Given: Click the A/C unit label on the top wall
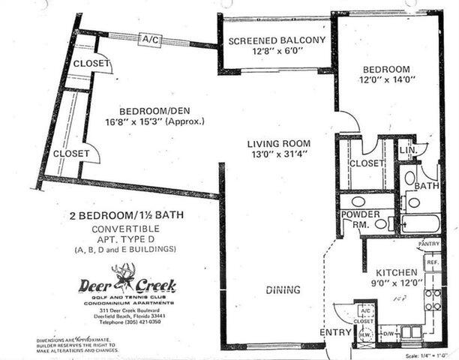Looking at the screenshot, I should coord(150,38).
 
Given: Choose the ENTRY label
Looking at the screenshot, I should coord(333,332).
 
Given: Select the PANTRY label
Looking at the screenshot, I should coord(428,244).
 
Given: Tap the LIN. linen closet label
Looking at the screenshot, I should coord(405,150).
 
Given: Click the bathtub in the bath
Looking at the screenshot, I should coord(420,223).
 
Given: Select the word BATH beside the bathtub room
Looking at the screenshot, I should coord(427,185).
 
